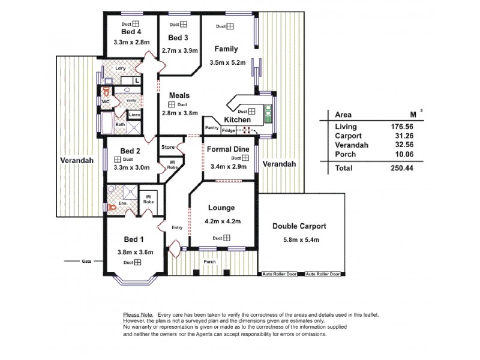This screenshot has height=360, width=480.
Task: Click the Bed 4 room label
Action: click(x=130, y=32)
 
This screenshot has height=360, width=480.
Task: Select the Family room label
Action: click(x=226, y=49)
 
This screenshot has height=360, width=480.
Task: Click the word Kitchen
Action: click(x=237, y=120)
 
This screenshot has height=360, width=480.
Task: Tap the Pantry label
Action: click(x=212, y=127)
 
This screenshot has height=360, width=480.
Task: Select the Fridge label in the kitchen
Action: click(x=229, y=130)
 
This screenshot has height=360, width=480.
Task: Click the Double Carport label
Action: click(x=299, y=227)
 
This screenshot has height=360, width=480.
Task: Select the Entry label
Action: click(x=176, y=227)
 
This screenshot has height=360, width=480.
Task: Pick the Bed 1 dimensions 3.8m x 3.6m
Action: click(x=131, y=252)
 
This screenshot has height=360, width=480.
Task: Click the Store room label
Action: click(x=167, y=147)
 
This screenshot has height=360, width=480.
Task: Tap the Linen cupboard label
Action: click(x=135, y=115)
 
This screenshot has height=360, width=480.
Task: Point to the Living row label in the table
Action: click(x=346, y=127)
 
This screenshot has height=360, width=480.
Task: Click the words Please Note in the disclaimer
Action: click(x=137, y=315)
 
